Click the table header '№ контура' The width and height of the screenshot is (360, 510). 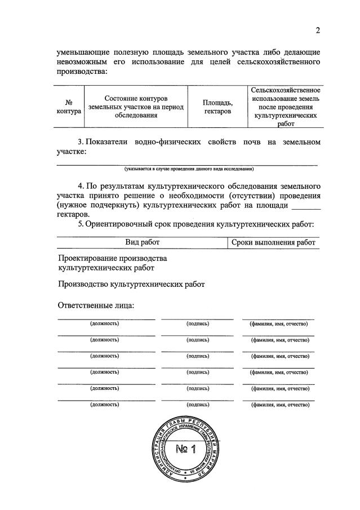[70, 107]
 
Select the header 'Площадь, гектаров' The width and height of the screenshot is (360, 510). [218, 107]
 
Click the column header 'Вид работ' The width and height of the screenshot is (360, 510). [143, 242]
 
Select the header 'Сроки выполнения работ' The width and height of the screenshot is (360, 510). [274, 242]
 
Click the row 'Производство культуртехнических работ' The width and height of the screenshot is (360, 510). [131, 285]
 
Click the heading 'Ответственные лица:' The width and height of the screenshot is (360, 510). [96, 306]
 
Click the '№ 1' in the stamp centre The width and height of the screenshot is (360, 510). [184, 449]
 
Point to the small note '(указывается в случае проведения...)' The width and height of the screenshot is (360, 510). [189, 169]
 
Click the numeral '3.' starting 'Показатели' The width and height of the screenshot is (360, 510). [81, 142]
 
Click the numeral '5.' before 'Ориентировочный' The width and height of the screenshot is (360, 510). [81, 224]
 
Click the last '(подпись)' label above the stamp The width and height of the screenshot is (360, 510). [198, 405]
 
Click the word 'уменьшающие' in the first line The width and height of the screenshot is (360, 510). [85, 52]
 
